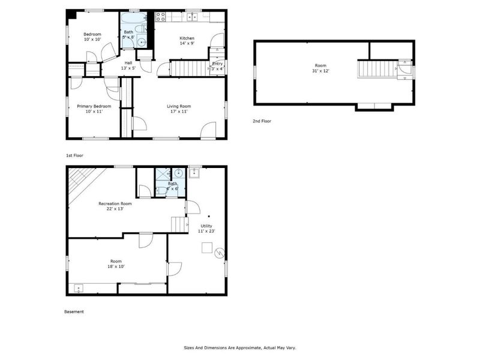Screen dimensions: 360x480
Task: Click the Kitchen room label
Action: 187,38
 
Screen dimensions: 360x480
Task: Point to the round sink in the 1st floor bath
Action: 141,41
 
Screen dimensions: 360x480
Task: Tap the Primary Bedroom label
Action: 94,106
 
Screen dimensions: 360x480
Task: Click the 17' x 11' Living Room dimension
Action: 178,112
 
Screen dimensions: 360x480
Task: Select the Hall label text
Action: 128,62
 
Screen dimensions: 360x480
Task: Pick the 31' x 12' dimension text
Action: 321,71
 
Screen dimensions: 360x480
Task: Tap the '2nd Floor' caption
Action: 262,121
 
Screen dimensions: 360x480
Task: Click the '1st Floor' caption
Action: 74,155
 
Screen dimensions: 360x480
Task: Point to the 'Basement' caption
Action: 74,312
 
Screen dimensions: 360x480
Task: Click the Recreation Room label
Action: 115,203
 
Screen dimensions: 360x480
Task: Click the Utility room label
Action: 206,226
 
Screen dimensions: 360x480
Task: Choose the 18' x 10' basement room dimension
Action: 116,266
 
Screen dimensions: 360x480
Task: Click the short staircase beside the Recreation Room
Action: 180,224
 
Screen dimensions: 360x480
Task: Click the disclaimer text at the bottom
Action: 239,347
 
